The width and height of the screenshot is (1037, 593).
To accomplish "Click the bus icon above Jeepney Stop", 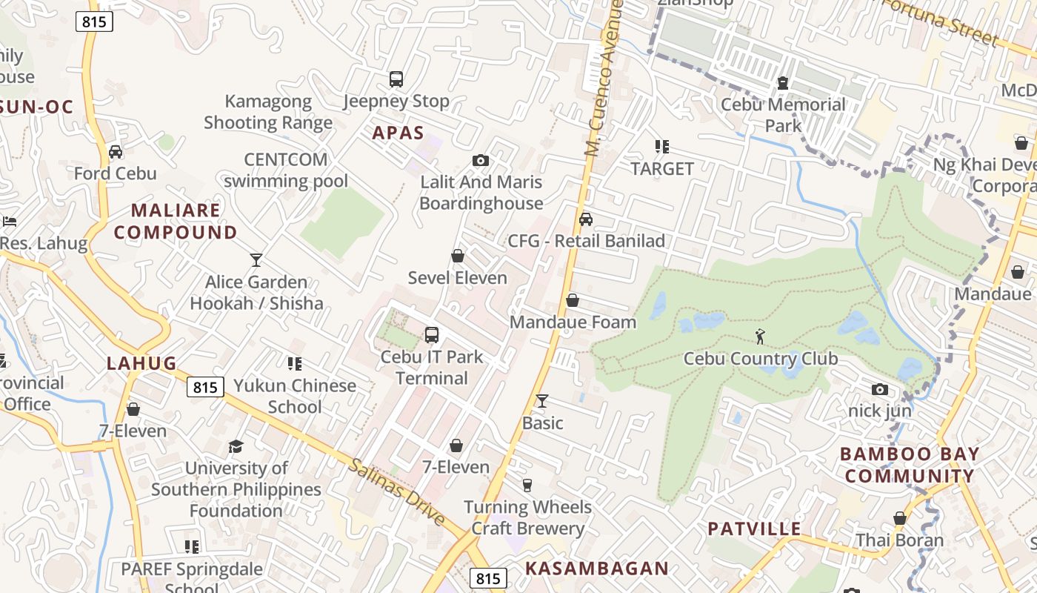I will coord(396,79).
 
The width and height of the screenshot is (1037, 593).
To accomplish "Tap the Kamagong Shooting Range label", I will coord(268,112).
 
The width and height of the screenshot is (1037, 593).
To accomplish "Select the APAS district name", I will coord(398,133).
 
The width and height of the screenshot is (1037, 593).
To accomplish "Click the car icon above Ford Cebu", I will coord(116,152).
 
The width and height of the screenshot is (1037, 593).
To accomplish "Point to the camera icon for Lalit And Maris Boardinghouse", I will coord(481,160).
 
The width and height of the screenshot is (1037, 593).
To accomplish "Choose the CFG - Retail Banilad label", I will coord(586,241).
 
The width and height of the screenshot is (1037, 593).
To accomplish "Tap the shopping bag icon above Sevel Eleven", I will coord(458,256).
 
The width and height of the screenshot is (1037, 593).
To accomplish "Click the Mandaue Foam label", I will coord(573,322).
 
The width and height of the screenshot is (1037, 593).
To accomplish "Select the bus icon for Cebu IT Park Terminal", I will coord(432,335).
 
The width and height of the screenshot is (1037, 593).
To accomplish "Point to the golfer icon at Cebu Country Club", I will coord(760,337).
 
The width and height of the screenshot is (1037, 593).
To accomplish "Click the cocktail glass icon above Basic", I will coord(542,401).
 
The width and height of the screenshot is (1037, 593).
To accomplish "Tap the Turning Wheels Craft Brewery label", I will coord(527,517).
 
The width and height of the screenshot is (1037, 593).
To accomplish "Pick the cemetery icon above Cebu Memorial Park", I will coord(783,83).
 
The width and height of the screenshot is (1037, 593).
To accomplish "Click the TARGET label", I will coord(662,168).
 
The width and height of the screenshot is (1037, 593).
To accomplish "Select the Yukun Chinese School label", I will coord(295,396).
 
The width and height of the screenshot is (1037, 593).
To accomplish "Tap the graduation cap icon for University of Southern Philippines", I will coord(236,446).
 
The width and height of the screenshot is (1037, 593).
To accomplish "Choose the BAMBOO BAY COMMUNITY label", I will coord(909,465).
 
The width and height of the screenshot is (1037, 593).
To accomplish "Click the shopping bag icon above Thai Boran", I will coord(900,518).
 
